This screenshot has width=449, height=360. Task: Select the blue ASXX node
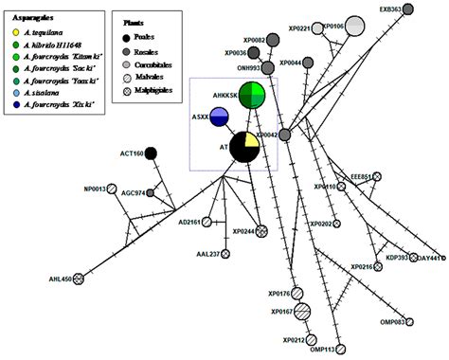click(x=219, y=117)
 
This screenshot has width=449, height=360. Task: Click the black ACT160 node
click(x=151, y=153)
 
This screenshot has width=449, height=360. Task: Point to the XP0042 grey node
click(x=284, y=135)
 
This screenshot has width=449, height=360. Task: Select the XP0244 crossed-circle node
click(x=262, y=231)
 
